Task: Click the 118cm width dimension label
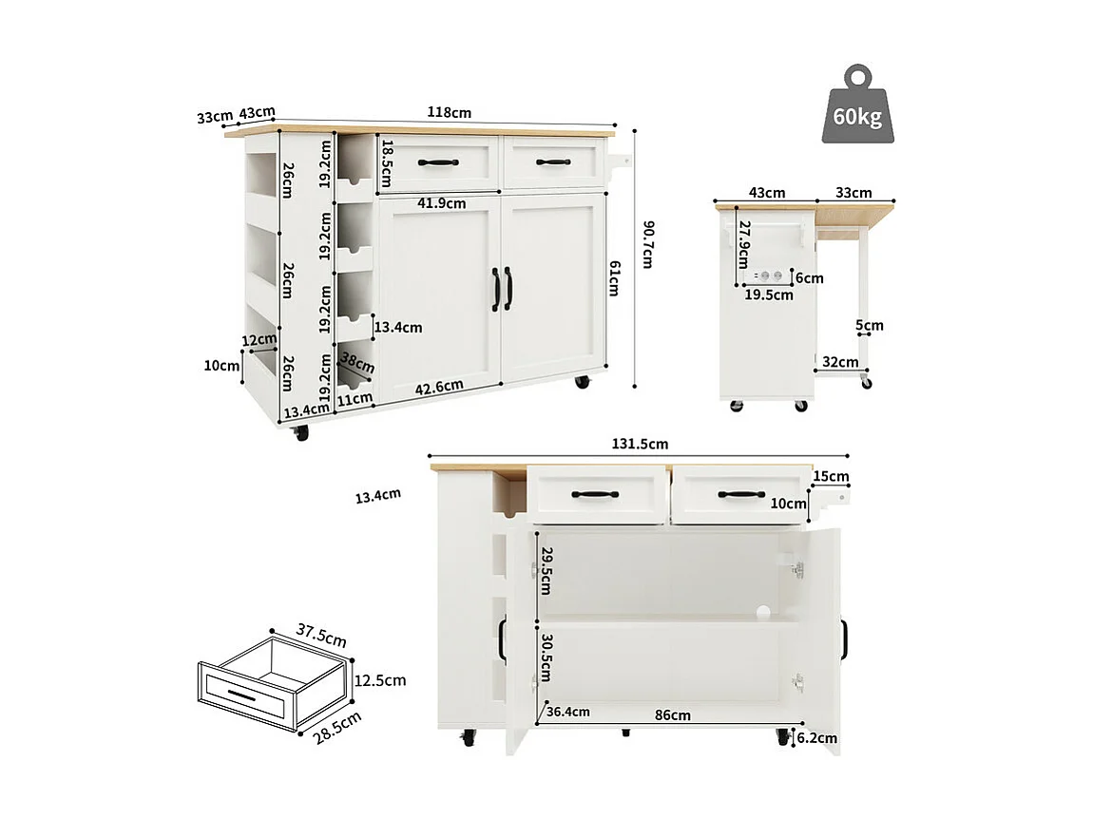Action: (x=450, y=113)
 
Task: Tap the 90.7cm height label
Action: (x=647, y=244)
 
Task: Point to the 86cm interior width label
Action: (x=673, y=714)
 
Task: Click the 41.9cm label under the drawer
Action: (x=441, y=202)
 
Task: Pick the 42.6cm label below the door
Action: (x=439, y=386)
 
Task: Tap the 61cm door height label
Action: (x=614, y=278)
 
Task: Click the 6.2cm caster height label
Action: (x=817, y=737)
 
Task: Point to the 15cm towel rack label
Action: (x=832, y=476)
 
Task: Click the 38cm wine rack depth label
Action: (x=357, y=363)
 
